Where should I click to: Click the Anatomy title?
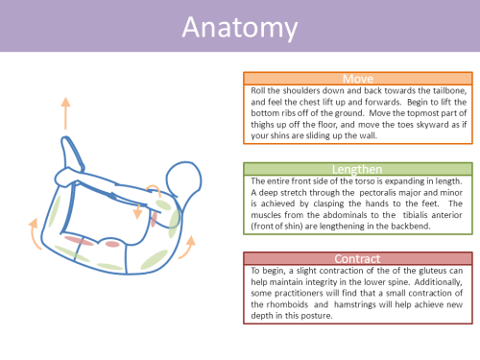click(240, 28)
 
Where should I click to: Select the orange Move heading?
click(358, 79)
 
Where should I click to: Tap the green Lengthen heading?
click(357, 169)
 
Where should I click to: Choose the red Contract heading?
click(357, 258)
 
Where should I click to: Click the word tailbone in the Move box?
click(449, 90)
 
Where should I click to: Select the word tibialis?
click(415, 215)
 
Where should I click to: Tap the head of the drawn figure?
click(183, 178)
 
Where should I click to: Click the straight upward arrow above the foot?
click(65, 113)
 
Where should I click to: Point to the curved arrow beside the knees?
click(33, 233)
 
